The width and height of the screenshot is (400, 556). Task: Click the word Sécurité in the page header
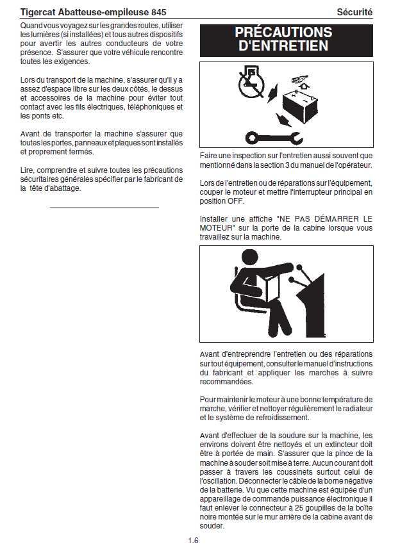[x=354, y=12]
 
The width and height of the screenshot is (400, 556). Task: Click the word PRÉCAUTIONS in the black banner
[x=283, y=33]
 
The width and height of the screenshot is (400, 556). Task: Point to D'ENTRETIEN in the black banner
[x=283, y=46]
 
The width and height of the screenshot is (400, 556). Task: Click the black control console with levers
[x=314, y=307]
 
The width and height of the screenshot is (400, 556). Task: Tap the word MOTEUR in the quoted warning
[x=215, y=227]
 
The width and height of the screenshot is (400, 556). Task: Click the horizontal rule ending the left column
[x=104, y=208]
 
